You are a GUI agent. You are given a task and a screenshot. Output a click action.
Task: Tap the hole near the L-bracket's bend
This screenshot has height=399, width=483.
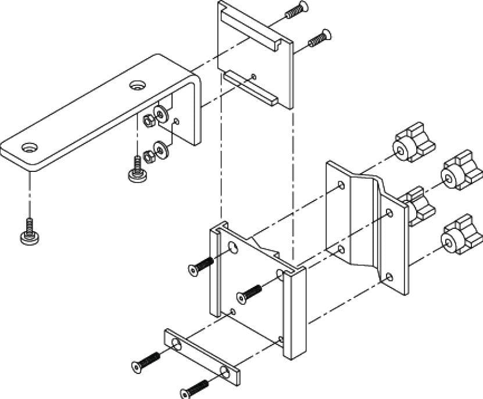pos(138,85)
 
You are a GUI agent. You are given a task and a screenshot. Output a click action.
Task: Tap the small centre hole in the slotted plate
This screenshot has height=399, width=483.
pos(255,75)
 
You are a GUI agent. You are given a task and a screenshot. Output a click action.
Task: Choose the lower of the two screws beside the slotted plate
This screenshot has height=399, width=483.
pos(318,38)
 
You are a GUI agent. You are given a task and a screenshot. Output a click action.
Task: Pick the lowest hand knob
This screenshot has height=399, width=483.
pos(457,234)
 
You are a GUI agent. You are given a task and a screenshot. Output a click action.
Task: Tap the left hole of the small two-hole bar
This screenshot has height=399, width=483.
pos(176,347)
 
